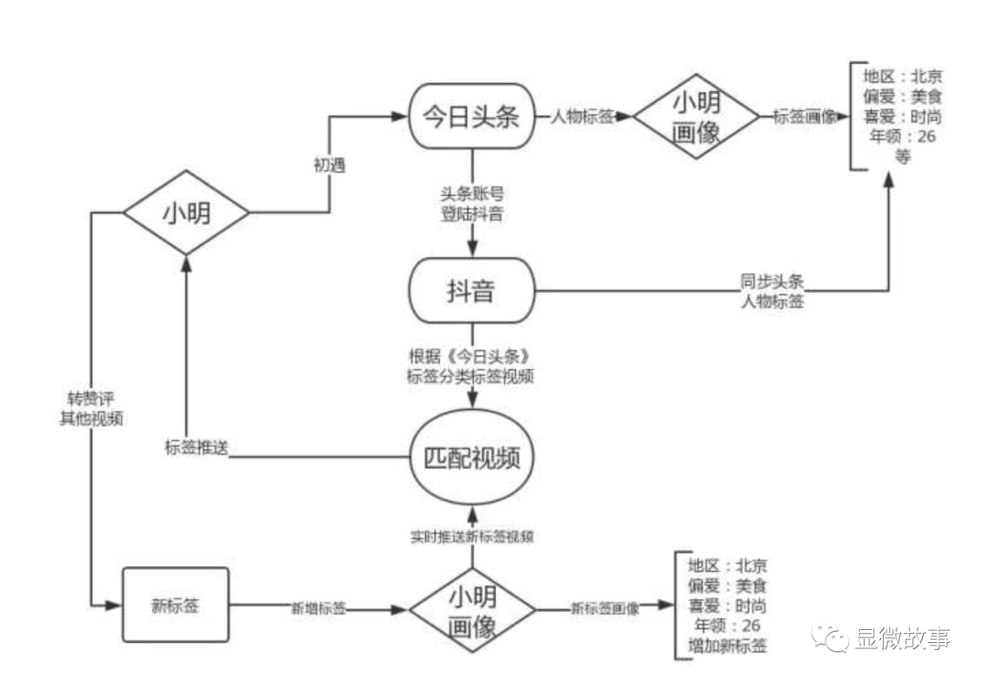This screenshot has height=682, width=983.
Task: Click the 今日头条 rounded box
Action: click(472, 117)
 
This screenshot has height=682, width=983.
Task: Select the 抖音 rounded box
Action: click(472, 290)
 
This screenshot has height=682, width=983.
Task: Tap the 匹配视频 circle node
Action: click(472, 457)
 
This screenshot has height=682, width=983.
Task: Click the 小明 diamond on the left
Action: click(186, 213)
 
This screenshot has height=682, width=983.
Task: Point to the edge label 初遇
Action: click(329, 166)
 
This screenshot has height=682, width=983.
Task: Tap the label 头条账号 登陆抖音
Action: click(472, 205)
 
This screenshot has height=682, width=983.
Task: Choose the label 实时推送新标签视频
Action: click(472, 536)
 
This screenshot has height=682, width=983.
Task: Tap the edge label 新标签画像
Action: click(604, 608)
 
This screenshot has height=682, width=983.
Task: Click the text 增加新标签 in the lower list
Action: click(726, 646)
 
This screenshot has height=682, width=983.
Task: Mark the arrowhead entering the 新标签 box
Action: click(116, 606)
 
